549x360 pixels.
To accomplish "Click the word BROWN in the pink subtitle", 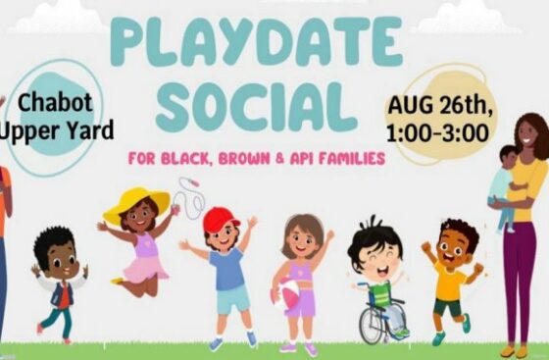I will [x=248, y=159].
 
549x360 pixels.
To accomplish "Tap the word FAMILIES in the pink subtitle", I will [x=355, y=159].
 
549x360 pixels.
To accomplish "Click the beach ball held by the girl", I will [x=287, y=293].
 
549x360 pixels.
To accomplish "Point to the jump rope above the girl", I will [x=191, y=196].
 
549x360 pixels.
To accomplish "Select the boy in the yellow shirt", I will [x=450, y=280].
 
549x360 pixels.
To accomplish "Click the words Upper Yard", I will [x=60, y=129].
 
